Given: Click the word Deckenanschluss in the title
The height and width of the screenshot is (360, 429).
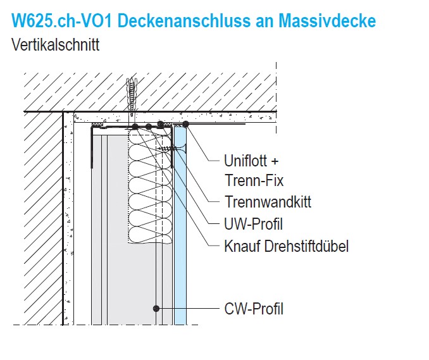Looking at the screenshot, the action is [x=184, y=20].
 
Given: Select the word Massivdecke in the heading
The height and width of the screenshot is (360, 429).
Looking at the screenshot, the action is [x=327, y=20].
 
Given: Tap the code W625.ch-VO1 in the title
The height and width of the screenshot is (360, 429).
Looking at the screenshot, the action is [x=62, y=20].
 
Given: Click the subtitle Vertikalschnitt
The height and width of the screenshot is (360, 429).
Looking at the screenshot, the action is [x=55, y=44].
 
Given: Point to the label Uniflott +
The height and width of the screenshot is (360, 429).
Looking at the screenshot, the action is [x=251, y=161].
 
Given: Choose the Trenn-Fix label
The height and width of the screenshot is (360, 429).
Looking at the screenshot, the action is [x=254, y=180].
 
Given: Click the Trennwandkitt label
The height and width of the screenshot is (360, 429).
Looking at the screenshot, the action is [x=268, y=202].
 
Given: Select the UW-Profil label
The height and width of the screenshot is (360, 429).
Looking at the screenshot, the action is [x=253, y=224].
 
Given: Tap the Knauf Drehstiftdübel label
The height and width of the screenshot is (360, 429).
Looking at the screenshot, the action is [x=286, y=246].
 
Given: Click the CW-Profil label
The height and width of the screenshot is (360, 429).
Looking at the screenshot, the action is [x=254, y=309].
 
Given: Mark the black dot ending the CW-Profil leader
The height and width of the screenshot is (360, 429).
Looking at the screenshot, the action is [x=156, y=309].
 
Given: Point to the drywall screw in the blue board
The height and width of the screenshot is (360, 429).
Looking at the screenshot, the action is [x=172, y=149].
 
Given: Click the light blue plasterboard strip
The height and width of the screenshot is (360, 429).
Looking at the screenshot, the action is [x=180, y=225].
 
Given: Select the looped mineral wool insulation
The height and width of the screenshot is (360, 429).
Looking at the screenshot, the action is [x=151, y=186].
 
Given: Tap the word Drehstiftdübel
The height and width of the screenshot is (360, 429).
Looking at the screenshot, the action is [x=306, y=246].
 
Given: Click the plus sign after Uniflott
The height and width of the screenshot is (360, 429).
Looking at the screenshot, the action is [x=275, y=161].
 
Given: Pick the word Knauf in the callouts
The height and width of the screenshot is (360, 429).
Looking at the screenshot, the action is [x=242, y=246].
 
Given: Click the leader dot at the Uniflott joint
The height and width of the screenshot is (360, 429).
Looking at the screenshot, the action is [x=186, y=124].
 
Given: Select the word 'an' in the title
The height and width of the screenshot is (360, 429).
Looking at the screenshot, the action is [x=265, y=22].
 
